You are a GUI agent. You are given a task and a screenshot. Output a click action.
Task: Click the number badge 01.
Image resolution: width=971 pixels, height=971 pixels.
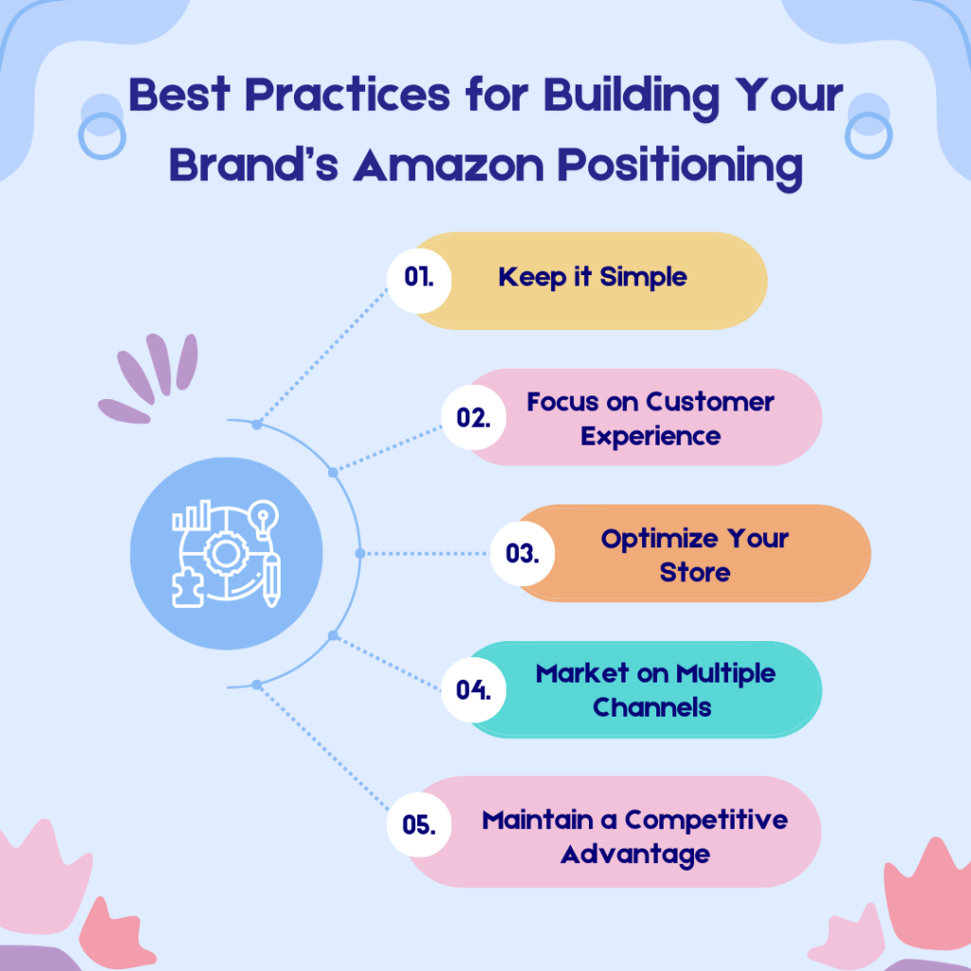[x=418, y=277]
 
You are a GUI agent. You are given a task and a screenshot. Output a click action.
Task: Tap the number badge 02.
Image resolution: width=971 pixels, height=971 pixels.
[x=472, y=417]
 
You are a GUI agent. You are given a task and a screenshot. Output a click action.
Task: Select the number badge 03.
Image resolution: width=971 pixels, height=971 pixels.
[x=522, y=553]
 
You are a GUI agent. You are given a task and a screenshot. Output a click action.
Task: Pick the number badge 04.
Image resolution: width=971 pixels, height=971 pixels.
[x=472, y=689]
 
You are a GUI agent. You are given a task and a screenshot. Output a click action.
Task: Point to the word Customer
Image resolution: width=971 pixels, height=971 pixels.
[x=710, y=402]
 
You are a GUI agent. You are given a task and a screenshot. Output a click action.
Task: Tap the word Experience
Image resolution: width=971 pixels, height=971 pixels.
[x=650, y=436]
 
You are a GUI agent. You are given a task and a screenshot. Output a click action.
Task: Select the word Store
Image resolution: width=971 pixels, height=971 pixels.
[x=695, y=573]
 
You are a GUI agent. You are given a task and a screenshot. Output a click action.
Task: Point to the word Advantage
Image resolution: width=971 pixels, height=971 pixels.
[x=634, y=854]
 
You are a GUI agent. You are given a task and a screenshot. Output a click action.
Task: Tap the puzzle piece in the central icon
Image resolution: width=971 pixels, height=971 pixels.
[x=188, y=585]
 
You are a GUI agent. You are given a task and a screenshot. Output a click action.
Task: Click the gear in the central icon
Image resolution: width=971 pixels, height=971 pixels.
[x=225, y=553]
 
